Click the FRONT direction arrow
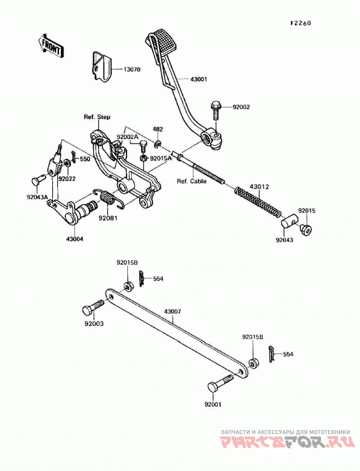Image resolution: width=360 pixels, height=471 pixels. click(x=51, y=46)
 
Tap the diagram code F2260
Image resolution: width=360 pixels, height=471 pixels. click(x=300, y=23)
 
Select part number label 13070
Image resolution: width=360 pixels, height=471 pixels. click(x=131, y=70)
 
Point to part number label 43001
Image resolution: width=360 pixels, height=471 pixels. click(x=198, y=79)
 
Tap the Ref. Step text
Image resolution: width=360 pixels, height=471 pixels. click(x=97, y=117)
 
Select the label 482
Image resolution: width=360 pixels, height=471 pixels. click(x=157, y=129)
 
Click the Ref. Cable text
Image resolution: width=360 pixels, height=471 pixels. click(x=192, y=181)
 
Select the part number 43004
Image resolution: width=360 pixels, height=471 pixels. click(x=75, y=239)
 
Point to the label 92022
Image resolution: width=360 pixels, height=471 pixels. click(x=67, y=179)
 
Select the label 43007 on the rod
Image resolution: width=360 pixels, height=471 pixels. click(x=172, y=312)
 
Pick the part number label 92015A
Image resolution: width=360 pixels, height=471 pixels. click(x=161, y=158)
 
